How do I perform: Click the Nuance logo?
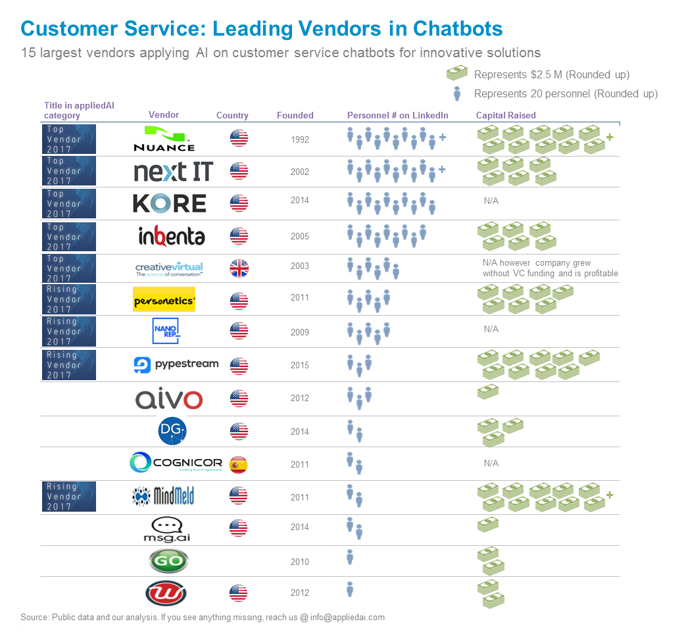[164, 139]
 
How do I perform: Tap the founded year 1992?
[299, 139]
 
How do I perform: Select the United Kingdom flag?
[239, 268]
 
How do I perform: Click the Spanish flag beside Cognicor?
[239, 465]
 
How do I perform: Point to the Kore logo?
[170, 203]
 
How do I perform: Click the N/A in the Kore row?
[491, 201]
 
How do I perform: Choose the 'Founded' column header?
[295, 116]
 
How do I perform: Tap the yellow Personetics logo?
[164, 299]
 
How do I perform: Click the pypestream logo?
[176, 364]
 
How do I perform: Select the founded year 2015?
[299, 365]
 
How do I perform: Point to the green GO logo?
[168, 561]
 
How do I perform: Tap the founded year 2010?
[299, 562]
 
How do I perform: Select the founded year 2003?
[299, 266]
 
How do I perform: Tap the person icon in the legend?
[457, 93]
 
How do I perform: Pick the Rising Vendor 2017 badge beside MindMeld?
[69, 497]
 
